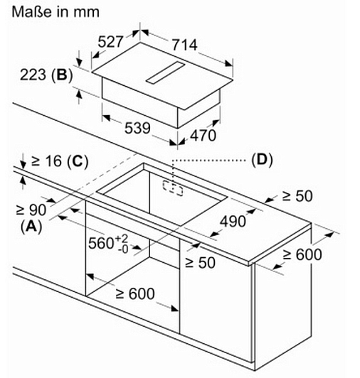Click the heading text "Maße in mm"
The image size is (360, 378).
coord(55,12)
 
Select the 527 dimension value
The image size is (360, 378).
coord(110,42)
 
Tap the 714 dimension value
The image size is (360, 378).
coord(184,45)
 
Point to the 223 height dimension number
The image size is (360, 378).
coord(33,75)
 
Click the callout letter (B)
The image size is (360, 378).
coord(62,75)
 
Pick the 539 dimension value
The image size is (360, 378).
coord(137,128)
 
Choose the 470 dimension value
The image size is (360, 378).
coord(203,135)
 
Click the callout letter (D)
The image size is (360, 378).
coord(262,160)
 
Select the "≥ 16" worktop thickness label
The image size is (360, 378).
coord(46,161)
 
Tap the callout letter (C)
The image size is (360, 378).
coord(78,161)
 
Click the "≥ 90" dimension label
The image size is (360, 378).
coord(31,210)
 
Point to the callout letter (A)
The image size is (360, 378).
coord(31,227)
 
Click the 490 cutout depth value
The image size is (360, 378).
coord(233,221)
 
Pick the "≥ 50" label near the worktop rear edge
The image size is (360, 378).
coord(297,196)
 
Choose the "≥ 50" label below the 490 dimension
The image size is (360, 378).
coord(200,262)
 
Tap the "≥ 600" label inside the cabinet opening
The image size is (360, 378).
coord(135,293)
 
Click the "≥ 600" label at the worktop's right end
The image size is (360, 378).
coord(302,254)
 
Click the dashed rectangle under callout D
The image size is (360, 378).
coord(173,188)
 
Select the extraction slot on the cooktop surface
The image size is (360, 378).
coord(165,72)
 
